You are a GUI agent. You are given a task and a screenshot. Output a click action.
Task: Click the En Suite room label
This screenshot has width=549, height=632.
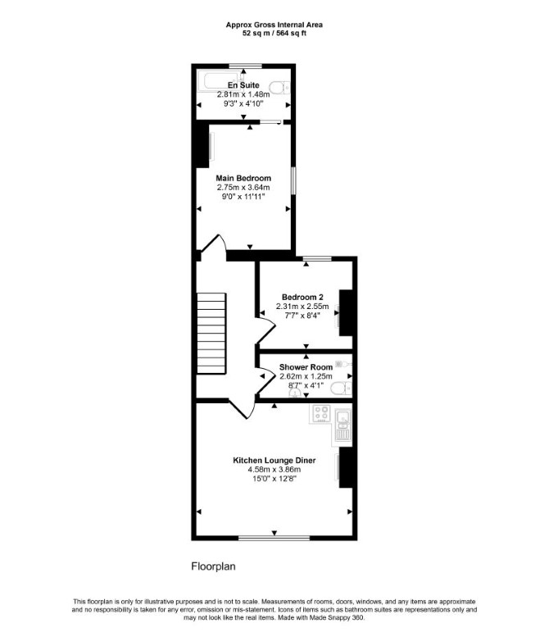click(x=243, y=85)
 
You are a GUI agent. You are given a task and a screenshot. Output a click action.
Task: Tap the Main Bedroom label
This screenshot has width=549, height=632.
click(x=243, y=178)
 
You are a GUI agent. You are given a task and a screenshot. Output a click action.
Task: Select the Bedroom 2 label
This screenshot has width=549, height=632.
click(x=302, y=297)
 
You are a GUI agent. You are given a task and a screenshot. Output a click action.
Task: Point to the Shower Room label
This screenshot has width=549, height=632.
click(x=306, y=367)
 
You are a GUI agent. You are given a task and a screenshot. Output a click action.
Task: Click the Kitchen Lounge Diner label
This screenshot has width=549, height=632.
click(x=274, y=461)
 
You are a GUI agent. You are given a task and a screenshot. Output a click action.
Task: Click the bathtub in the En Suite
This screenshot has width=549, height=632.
click(x=220, y=81)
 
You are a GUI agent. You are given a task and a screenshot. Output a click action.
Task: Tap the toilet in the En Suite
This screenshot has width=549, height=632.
click(x=279, y=87)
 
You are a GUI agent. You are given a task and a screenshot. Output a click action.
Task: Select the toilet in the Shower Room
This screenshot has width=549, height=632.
click(x=341, y=389)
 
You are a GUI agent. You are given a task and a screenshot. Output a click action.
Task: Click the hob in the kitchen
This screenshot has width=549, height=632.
click(x=322, y=413)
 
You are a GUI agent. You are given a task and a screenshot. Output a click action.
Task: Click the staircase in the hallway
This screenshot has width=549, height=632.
click(x=211, y=334)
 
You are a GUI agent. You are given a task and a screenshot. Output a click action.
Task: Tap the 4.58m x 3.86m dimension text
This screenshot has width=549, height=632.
click(x=274, y=470)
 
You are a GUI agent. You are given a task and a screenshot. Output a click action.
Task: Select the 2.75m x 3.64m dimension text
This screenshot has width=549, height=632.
click(x=243, y=188)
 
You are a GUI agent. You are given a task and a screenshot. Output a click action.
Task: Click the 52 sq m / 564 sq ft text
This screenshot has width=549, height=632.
click(x=274, y=34)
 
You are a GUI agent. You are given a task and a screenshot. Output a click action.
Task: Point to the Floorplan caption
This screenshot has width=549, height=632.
click(x=213, y=566)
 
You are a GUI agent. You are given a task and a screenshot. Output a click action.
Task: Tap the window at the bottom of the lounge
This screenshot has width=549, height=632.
click(x=274, y=538)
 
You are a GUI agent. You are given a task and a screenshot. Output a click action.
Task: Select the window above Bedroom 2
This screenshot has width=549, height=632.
click(x=317, y=258)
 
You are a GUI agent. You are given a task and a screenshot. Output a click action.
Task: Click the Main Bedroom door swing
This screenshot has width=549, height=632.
click(x=214, y=243)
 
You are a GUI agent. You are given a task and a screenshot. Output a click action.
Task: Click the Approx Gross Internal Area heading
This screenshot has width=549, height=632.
click(x=274, y=25)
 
